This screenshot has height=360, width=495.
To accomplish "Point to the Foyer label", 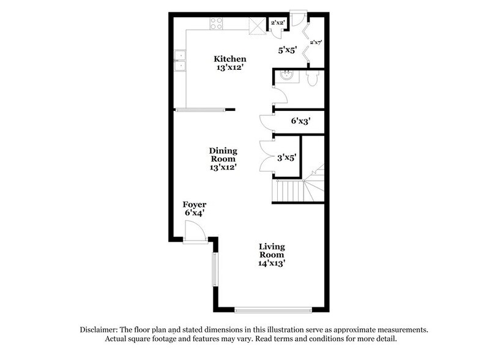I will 194,204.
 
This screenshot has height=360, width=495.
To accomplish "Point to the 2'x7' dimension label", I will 316,42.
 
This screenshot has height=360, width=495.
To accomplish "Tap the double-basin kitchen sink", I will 181,60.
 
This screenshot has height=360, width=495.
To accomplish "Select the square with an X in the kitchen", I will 255,26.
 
